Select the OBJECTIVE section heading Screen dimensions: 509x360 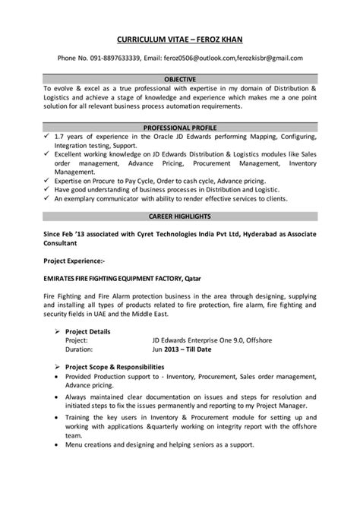[180, 78]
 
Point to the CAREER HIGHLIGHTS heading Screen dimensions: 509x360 [180, 217]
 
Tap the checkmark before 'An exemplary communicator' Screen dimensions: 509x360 [47, 198]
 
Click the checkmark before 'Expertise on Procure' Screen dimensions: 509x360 [47, 180]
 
